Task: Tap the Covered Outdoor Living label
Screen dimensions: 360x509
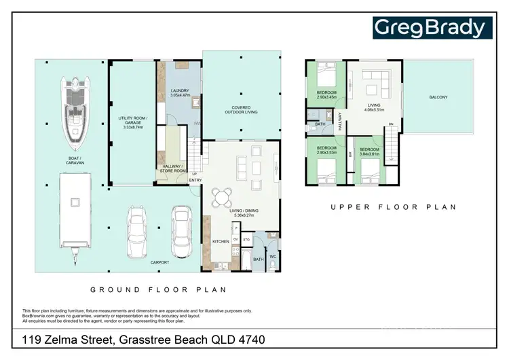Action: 241,110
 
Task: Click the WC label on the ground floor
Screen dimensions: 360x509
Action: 273,256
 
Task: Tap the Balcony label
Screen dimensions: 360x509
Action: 438,97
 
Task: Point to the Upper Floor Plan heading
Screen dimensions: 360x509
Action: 393,207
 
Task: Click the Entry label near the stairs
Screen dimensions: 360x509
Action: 195,180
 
